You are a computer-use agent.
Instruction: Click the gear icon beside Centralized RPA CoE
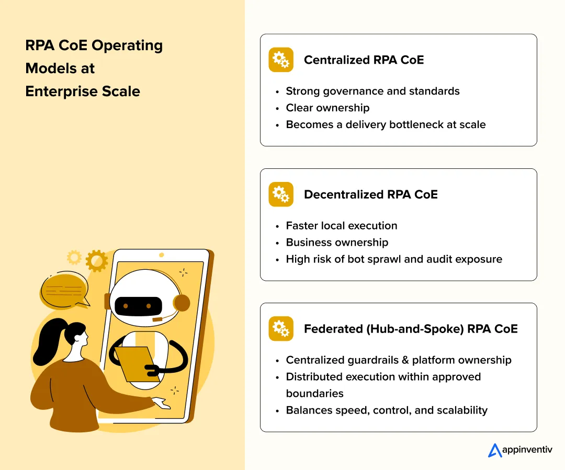[281, 60]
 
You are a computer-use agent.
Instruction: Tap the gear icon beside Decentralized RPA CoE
[281, 194]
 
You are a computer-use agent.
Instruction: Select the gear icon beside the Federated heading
[281, 329]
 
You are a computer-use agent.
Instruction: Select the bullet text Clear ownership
[327, 108]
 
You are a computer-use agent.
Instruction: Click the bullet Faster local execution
[342, 225]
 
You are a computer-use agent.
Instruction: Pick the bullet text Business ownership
[337, 242]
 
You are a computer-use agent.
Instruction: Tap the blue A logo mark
[494, 450]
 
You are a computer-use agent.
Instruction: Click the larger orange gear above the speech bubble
[97, 260]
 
